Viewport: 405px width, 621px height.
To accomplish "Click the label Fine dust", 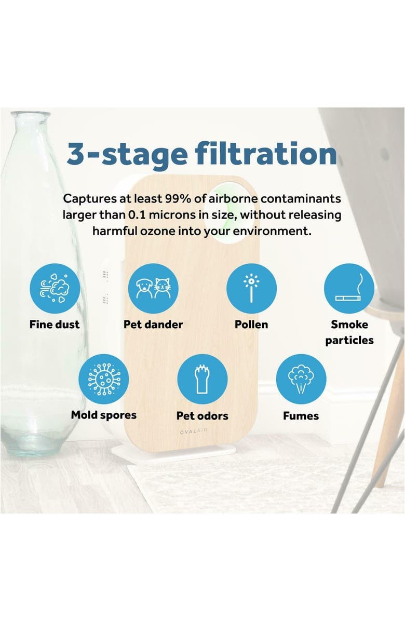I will [55, 325].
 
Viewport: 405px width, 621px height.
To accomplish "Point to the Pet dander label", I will [153, 325].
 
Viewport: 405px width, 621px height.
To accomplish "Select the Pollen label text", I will [251, 325].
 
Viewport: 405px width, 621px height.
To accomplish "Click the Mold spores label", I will [103, 415].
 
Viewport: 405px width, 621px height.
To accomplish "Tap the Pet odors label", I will [202, 416].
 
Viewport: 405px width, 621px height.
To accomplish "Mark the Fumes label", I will [301, 416].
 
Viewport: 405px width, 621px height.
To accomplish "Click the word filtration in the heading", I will [265, 154].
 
